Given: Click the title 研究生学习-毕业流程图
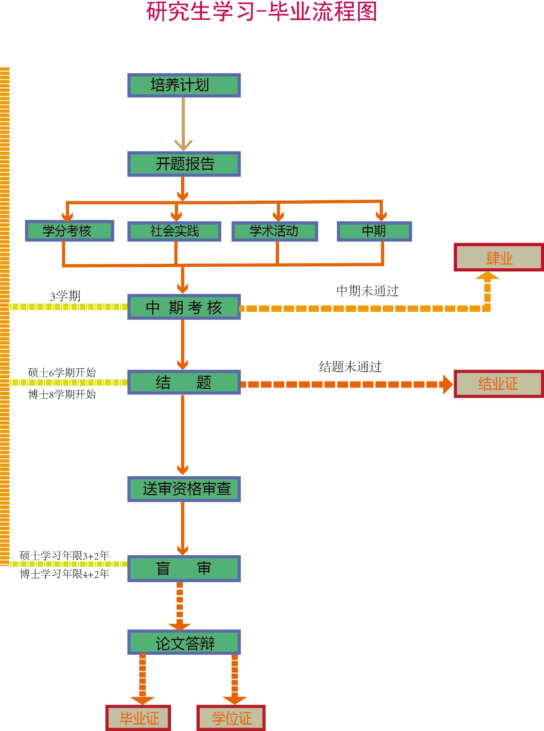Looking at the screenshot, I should click(261, 12).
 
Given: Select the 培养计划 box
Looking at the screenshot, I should click(184, 85).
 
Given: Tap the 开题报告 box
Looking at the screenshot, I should click(184, 164).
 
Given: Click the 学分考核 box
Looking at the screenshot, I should click(69, 231).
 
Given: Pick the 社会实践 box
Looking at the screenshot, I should click(174, 232).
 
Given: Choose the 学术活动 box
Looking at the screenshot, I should click(274, 232).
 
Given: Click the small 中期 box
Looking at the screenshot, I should click(374, 232).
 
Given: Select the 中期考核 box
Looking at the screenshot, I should click(184, 307).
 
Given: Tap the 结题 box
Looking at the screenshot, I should click(184, 382).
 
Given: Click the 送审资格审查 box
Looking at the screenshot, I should click(184, 489).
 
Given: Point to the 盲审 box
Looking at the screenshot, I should click(184, 569).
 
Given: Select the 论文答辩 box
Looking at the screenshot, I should click(184, 642).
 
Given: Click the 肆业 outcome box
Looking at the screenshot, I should click(499, 258).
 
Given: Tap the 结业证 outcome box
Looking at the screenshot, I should click(499, 384).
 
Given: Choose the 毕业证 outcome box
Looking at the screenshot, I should click(138, 718).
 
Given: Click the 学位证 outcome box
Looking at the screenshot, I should click(231, 718).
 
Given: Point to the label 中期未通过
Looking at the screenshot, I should click(367, 291).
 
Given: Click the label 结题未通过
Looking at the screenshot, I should click(350, 367).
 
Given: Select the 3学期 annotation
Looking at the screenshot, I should click(65, 296).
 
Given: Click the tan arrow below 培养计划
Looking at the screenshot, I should click(183, 124).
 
